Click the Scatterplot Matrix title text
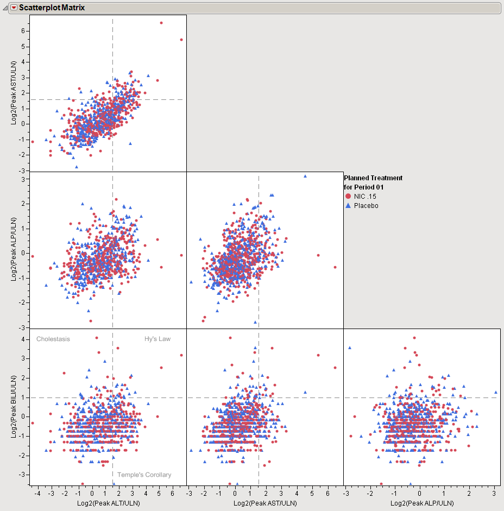[x=52, y=8]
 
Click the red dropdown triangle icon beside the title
[x=14, y=8]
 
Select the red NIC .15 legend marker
[x=348, y=196]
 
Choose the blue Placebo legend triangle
[x=348, y=206]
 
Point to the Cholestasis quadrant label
[x=53, y=339]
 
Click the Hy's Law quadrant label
[x=157, y=339]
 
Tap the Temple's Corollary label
[x=144, y=475]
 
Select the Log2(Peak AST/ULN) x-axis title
[x=265, y=503]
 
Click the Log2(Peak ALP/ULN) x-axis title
[x=422, y=503]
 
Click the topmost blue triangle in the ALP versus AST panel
[x=305, y=176]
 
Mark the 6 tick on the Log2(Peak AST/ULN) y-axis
[x=23, y=31]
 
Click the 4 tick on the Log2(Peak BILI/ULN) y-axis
[x=23, y=339]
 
